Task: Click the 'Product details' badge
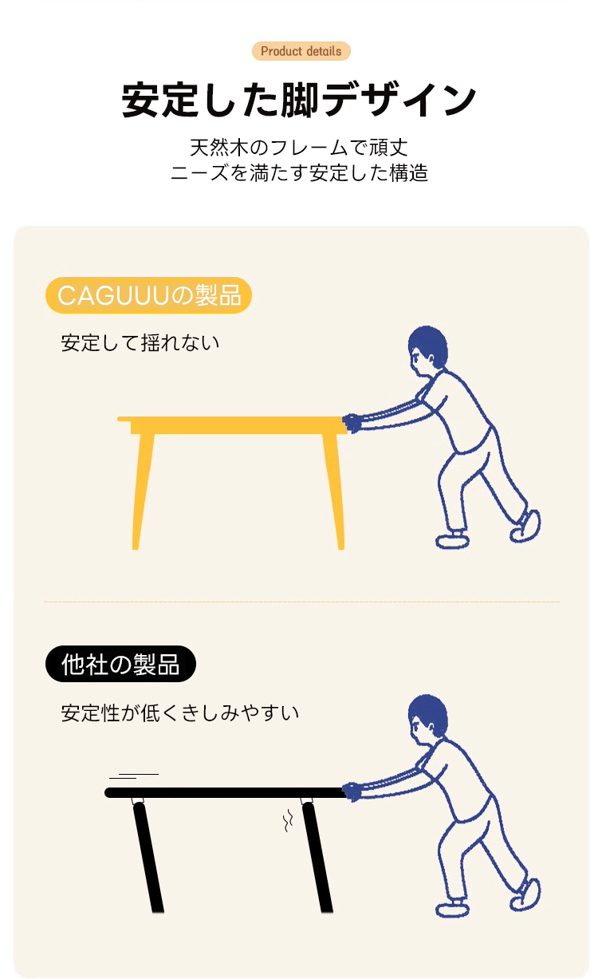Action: point(301,51)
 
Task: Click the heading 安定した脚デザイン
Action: point(299,100)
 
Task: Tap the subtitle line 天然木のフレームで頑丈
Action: point(299,148)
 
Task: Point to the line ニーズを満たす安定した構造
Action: point(299,172)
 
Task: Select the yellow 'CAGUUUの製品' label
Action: point(148,295)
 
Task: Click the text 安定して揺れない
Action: point(140,342)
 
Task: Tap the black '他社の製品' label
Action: point(120,664)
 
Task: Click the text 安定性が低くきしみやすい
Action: point(180,713)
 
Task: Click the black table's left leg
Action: point(148,858)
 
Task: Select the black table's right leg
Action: point(317,858)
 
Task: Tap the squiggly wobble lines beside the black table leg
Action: point(288,820)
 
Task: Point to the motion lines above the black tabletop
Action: point(134,776)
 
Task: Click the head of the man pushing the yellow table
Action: point(427,351)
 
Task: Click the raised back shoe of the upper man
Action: point(525,525)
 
